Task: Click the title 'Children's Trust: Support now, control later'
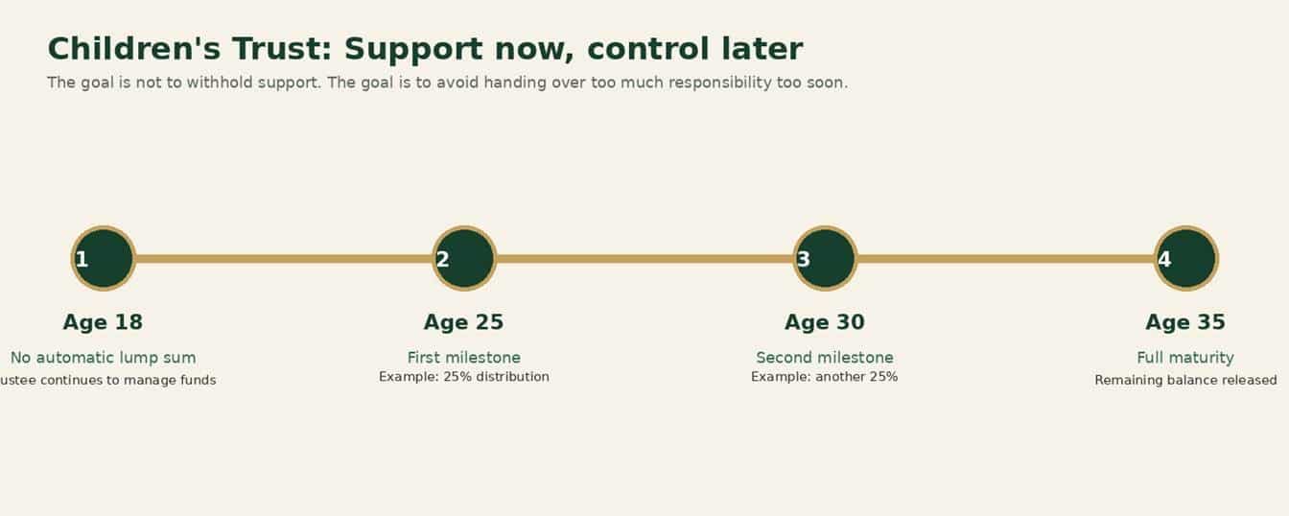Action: [425, 49]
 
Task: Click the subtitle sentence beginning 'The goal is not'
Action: [447, 82]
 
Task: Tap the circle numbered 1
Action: [104, 258]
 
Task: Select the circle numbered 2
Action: [464, 258]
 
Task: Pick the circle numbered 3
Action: [825, 258]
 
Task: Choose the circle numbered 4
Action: [1186, 258]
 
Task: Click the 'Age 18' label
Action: [103, 322]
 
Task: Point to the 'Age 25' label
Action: [464, 322]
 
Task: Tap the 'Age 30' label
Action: [825, 322]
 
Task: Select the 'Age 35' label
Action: [1185, 322]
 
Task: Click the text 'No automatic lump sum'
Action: [103, 358]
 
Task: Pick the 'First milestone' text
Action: [464, 358]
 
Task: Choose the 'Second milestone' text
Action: [825, 358]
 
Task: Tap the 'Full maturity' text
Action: [1185, 358]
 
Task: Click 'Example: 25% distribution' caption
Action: [464, 377]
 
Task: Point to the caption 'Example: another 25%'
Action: [825, 377]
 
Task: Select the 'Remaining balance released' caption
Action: [1185, 380]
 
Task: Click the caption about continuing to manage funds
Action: [107, 380]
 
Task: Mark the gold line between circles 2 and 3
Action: [644, 259]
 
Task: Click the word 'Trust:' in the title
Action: [283, 49]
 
